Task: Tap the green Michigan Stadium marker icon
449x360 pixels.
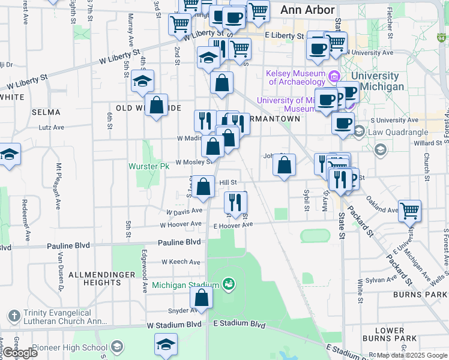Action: (228, 283)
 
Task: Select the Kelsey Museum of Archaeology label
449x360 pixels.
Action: (296, 77)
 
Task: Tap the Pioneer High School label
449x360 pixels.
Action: (79, 347)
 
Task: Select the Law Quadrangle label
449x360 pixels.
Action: (398, 132)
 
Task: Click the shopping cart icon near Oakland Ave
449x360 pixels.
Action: (409, 211)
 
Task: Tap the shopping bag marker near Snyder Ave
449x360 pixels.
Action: (202, 298)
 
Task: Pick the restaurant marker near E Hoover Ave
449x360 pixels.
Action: (235, 202)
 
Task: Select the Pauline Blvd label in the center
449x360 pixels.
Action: (179, 242)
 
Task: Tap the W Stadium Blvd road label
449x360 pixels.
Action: (174, 325)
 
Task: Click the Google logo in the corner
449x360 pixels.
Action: (20, 353)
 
